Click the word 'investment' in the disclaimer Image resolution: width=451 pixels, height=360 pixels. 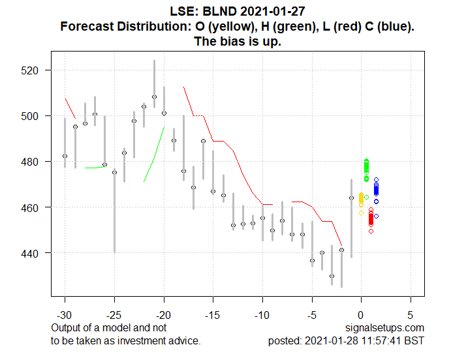pyautogui.click(x=136, y=340)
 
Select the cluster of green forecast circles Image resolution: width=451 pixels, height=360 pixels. pyautogui.click(x=366, y=169)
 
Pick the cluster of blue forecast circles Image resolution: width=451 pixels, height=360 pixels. pyautogui.click(x=376, y=190)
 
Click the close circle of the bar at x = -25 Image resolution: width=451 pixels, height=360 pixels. pyautogui.click(x=114, y=172)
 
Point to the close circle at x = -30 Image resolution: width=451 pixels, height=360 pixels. pyautogui.click(x=65, y=157)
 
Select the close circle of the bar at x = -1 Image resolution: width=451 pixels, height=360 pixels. pyautogui.click(x=351, y=198)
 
